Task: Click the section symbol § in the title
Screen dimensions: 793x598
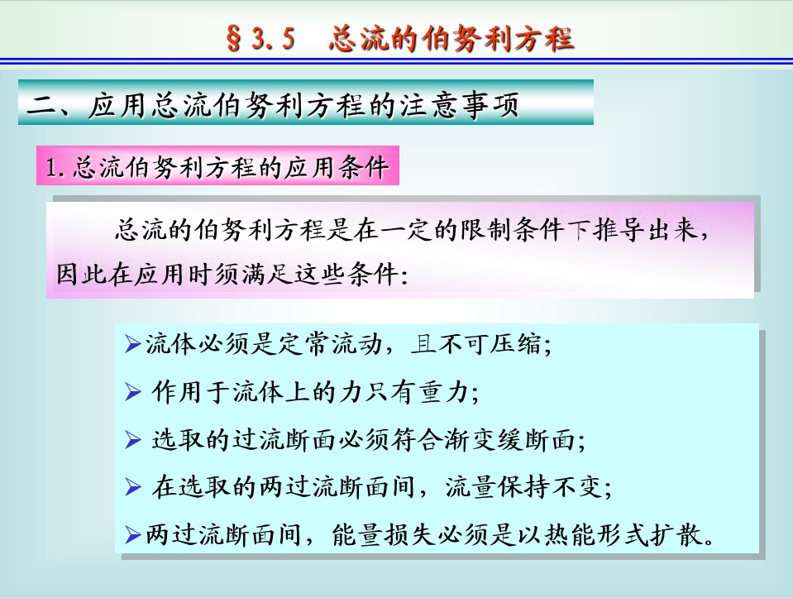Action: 234,38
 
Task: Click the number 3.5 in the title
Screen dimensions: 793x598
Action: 273,38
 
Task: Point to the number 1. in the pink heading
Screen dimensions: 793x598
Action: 55,167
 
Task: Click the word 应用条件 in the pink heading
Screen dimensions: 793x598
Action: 337,167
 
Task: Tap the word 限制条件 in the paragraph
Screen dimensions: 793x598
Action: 512,230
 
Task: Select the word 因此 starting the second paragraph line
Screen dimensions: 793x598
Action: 81,275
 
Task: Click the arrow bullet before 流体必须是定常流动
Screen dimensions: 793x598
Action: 132,345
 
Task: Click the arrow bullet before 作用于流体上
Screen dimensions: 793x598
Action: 132,392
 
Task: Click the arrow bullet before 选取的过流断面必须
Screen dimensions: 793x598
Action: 132,440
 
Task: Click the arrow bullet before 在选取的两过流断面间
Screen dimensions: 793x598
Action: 132,487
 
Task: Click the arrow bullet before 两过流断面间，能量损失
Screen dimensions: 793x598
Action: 132,535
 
